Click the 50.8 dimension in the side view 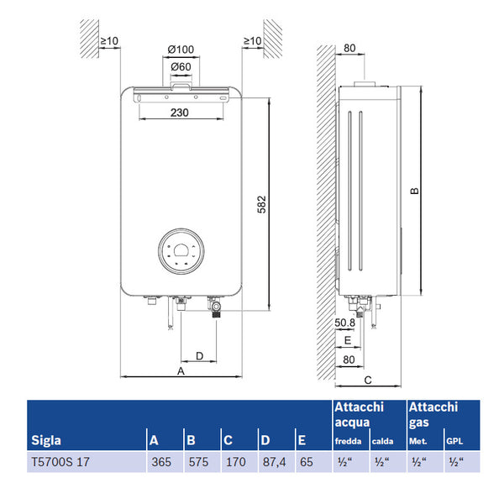(346, 322)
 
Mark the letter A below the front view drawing (181, 370)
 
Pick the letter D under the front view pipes (199, 355)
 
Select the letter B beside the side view (414, 192)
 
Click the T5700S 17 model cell (60, 461)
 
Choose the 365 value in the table (160, 461)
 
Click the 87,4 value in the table (272, 461)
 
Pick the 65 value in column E (307, 461)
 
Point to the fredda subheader (349, 441)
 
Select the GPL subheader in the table (454, 441)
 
